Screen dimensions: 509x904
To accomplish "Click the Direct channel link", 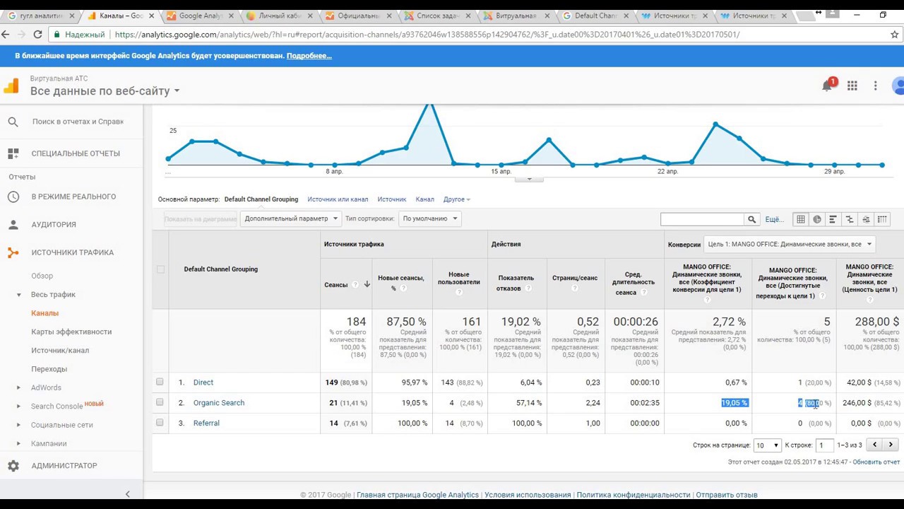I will [203, 382].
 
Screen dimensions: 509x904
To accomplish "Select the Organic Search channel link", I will [219, 403].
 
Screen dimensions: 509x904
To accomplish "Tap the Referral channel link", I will [206, 423].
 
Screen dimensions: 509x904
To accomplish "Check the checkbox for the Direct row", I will [160, 382].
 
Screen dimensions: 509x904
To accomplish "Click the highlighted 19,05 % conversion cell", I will [734, 403].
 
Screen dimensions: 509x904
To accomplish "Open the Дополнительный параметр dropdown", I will [291, 219].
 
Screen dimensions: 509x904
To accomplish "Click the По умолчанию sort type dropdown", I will [429, 219].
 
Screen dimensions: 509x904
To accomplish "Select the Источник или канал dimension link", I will [338, 199].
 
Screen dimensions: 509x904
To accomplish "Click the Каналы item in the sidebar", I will [44, 313].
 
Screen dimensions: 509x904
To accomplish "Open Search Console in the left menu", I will [56, 406].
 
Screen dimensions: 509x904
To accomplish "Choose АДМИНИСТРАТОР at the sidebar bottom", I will [64, 466].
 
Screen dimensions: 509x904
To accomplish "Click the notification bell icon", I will [827, 86].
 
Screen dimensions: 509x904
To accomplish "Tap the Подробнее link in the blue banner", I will [309, 56].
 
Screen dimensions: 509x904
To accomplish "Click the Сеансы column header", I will [336, 285].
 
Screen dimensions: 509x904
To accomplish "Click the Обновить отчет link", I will [876, 462].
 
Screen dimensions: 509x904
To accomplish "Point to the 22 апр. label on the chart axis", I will [667, 172].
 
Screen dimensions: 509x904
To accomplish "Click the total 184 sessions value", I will [356, 322].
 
